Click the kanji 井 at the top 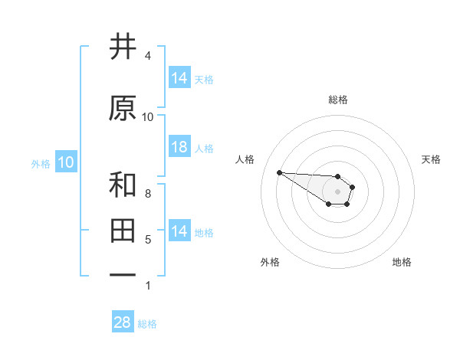(x=123, y=47)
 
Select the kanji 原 (x=123, y=108)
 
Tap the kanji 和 (x=123, y=185)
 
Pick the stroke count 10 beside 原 (x=148, y=117)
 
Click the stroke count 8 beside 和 (x=148, y=194)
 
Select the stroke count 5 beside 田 (x=148, y=240)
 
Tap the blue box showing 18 (x=179, y=147)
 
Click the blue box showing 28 (x=123, y=322)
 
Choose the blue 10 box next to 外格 (x=65, y=162)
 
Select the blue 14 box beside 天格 (x=179, y=77)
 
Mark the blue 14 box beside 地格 (x=179, y=231)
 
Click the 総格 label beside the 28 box (x=147, y=324)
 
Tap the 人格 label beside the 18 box (x=204, y=148)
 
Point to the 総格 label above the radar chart (x=337, y=100)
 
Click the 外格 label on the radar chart (x=270, y=263)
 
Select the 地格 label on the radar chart (x=402, y=263)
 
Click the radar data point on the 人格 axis (x=279, y=172)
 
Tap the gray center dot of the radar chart (x=337, y=191)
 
